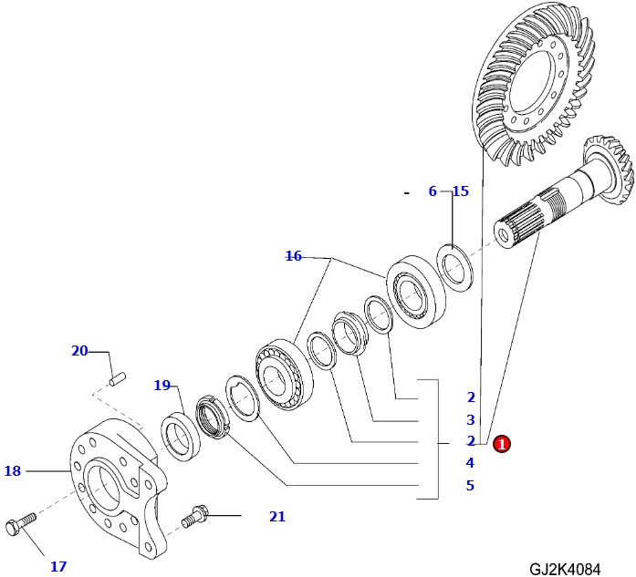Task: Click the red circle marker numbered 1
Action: click(x=501, y=444)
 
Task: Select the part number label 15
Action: click(x=461, y=191)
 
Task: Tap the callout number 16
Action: click(x=293, y=256)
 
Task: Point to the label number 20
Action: click(x=79, y=351)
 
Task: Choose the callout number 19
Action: click(x=162, y=386)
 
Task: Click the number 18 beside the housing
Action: click(x=12, y=471)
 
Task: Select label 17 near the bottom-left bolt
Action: click(x=58, y=567)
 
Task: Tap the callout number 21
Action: click(x=277, y=517)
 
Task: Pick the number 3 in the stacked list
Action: click(x=471, y=420)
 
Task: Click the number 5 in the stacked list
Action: click(x=471, y=486)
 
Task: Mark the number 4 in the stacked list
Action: click(x=471, y=463)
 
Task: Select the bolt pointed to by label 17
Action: click(x=20, y=524)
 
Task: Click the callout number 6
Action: click(x=433, y=191)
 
